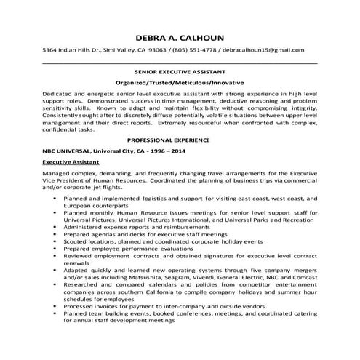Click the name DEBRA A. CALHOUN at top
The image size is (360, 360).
(x=180, y=37)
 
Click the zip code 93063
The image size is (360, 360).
(x=158, y=49)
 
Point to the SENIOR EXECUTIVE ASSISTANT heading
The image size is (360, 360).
(x=180, y=73)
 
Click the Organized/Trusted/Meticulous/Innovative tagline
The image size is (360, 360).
(x=180, y=84)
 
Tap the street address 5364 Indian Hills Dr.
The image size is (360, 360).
(x=74, y=49)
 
